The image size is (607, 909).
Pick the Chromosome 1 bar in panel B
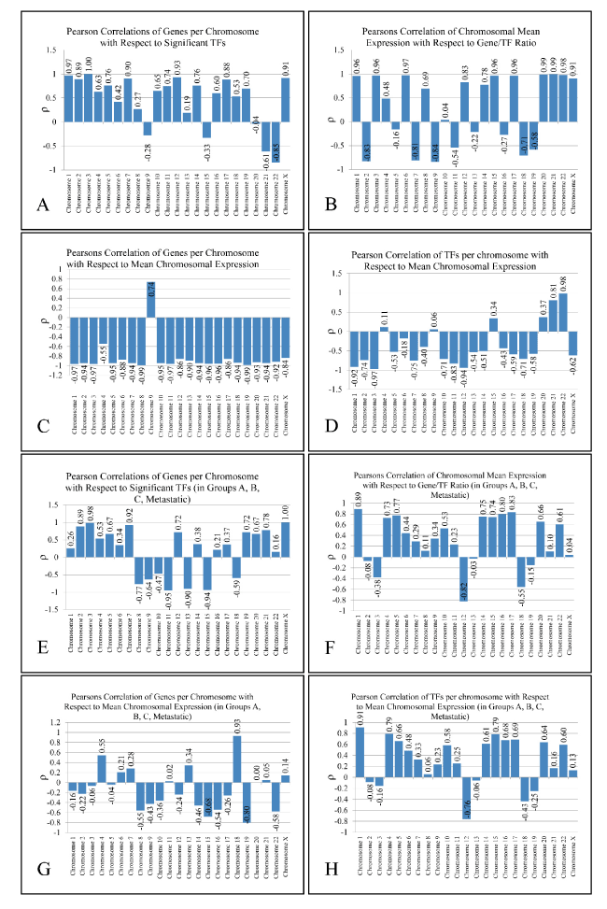[x=357, y=99]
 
